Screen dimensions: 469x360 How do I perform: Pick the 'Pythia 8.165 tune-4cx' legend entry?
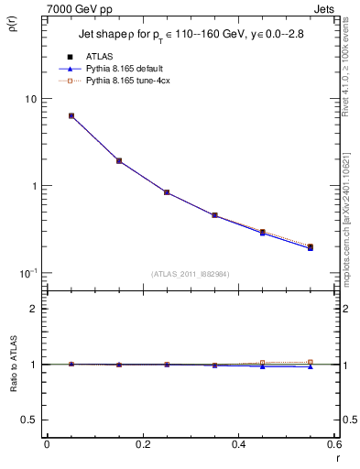coord(128,81)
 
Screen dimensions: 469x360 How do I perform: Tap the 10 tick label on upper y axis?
coord(27,99)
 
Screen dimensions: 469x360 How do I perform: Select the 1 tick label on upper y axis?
coord(30,186)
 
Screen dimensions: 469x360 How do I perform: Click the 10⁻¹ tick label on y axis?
coord(26,273)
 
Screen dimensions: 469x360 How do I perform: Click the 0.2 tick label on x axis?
coord(142,444)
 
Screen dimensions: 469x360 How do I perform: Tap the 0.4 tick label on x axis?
coord(238,444)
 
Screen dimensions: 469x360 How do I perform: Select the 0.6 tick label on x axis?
coord(333,444)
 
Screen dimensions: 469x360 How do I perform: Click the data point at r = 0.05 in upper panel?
coord(71,116)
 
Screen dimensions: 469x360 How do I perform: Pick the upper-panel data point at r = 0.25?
coord(167,192)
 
